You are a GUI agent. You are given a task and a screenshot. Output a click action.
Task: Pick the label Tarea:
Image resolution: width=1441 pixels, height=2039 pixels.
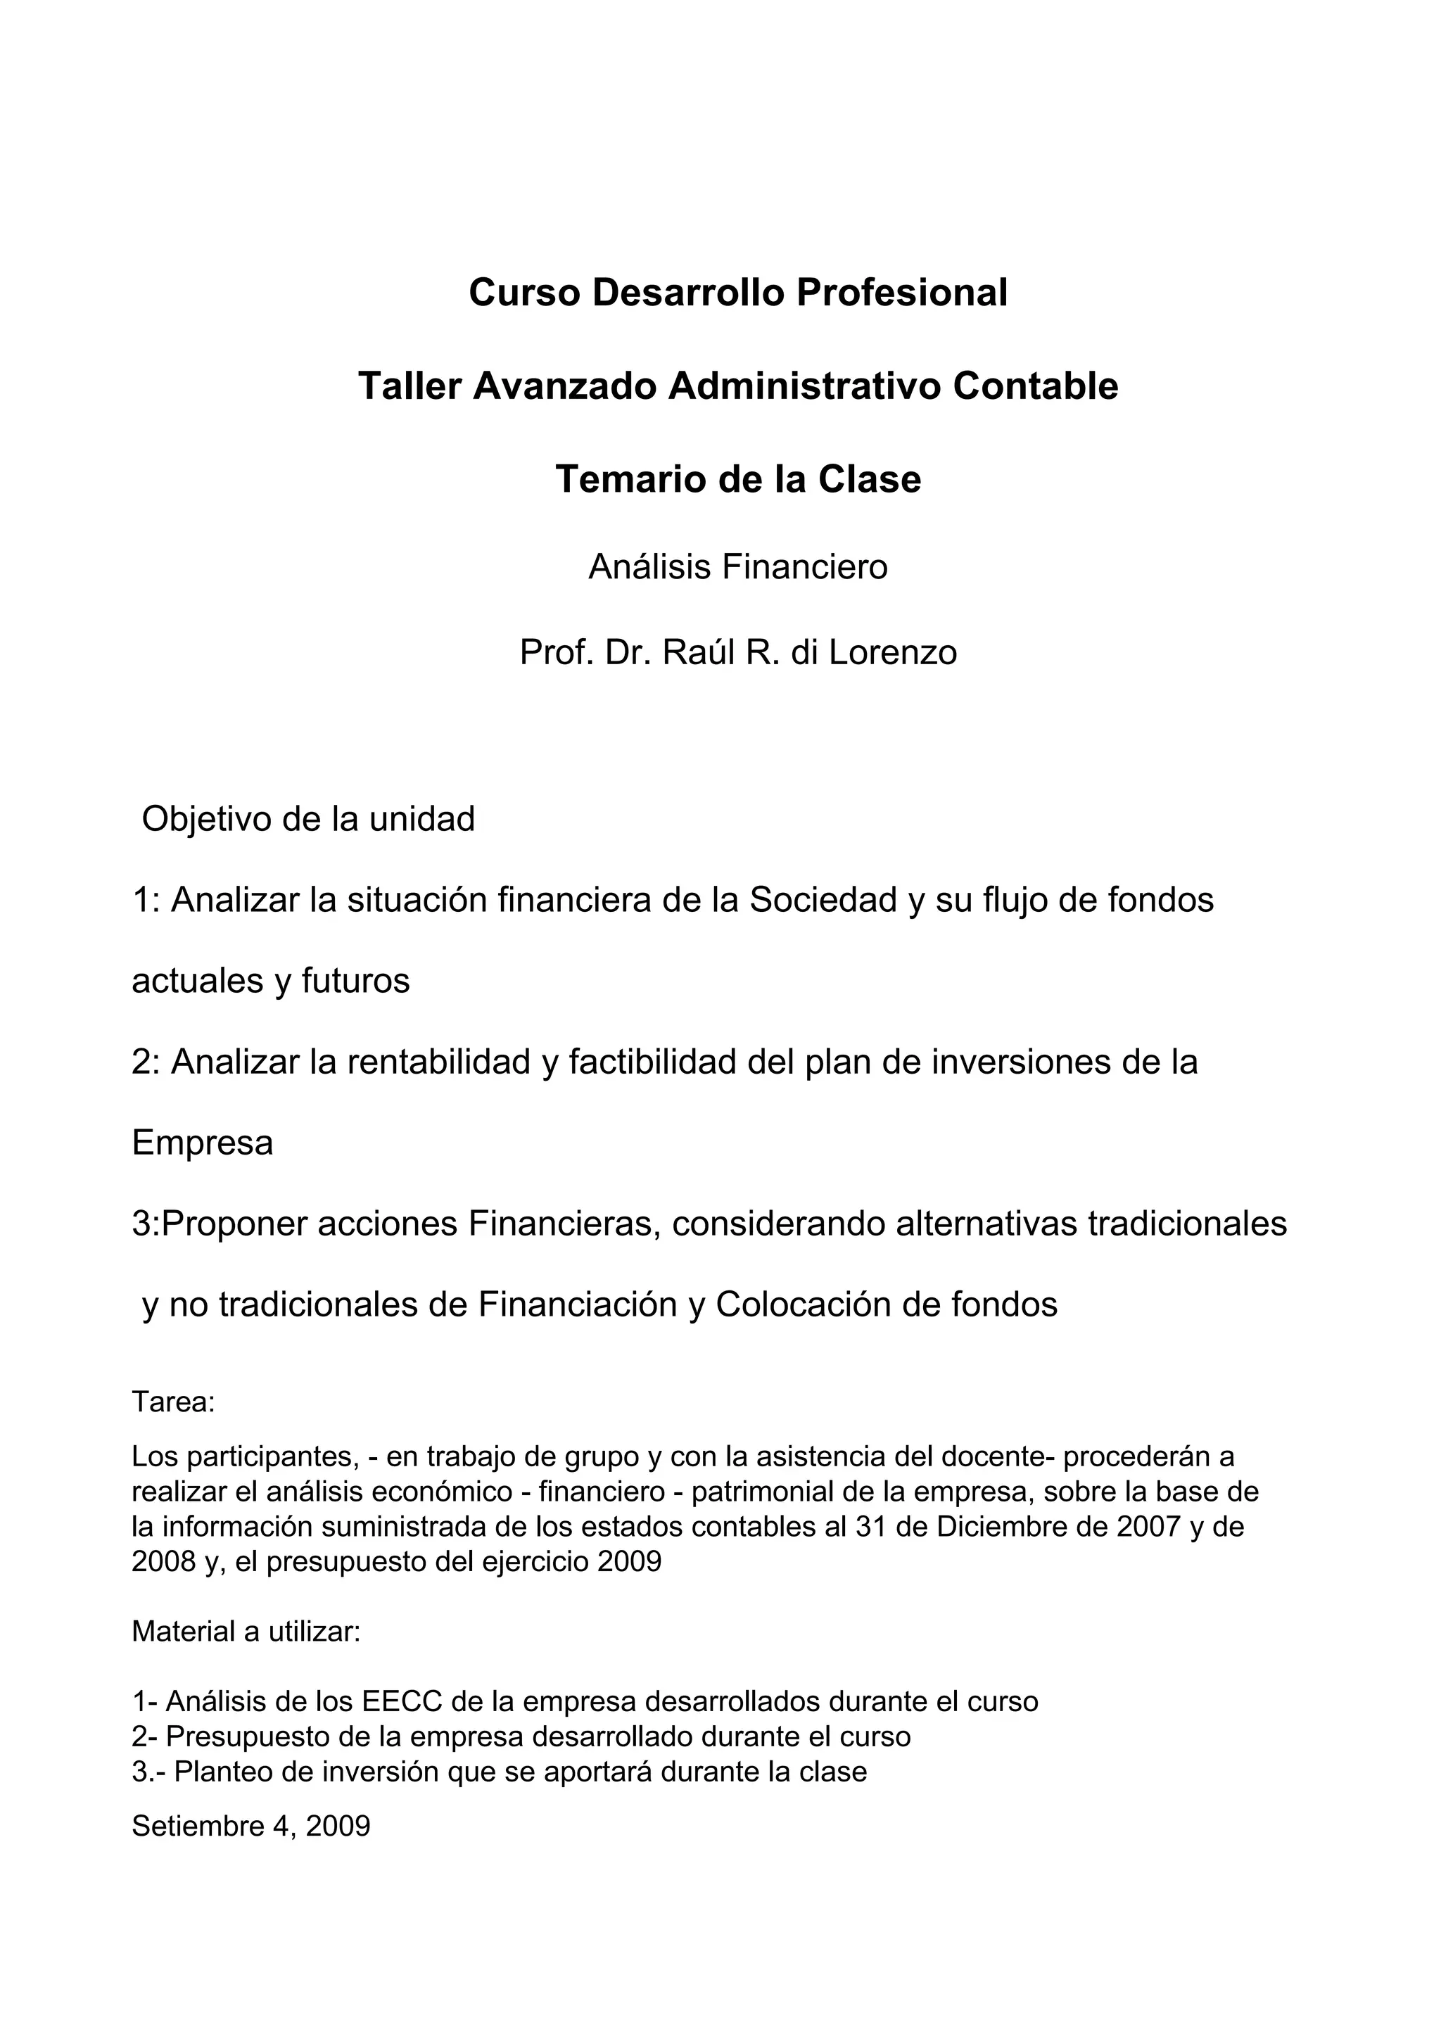tap(173, 1402)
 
